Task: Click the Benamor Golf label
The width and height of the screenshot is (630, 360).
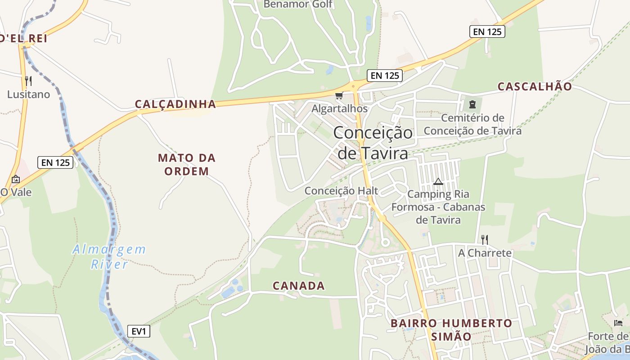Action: tap(298, 4)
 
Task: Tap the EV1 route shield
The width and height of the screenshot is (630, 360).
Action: tap(138, 332)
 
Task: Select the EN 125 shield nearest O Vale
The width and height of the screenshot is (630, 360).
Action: tap(56, 162)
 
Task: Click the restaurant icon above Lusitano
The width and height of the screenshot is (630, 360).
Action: tap(28, 81)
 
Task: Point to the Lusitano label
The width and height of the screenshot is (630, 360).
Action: tap(28, 94)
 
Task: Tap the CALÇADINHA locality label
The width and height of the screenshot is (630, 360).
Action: tap(175, 104)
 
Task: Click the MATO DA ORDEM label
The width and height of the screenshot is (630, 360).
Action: tap(186, 164)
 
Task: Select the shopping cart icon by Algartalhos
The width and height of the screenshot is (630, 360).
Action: tap(339, 95)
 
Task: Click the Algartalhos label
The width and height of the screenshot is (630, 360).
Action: tap(339, 108)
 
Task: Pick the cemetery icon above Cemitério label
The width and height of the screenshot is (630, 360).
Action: tap(472, 104)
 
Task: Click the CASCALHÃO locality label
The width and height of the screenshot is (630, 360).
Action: tap(535, 86)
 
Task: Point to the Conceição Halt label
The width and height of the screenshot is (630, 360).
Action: tap(341, 191)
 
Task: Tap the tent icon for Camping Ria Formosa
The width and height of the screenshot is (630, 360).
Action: tap(438, 182)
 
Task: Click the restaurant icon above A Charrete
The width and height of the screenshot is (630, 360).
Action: tap(485, 239)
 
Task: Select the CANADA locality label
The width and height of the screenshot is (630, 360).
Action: tap(299, 286)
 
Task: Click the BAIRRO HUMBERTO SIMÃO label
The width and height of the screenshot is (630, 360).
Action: tap(451, 330)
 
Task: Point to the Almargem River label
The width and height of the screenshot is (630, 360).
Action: tap(109, 256)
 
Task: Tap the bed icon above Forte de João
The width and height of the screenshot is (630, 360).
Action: tap(618, 323)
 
